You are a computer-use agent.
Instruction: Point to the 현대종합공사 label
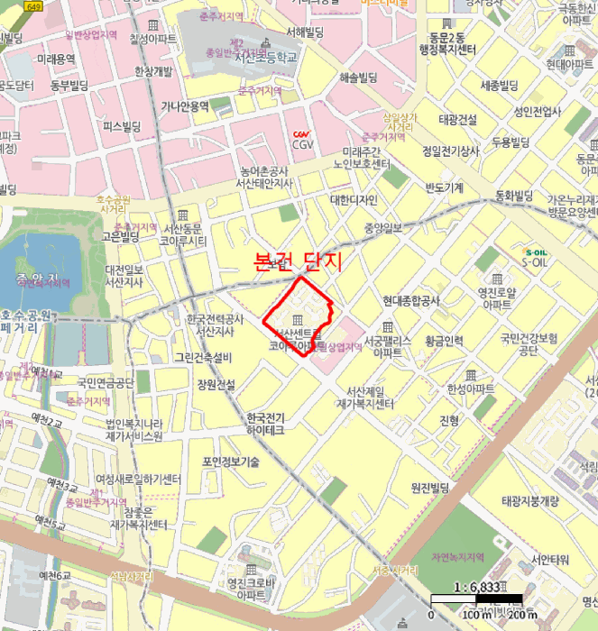pos(410,300)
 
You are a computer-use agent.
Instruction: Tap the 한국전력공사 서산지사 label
pos(215,325)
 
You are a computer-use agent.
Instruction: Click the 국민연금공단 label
pos(106,382)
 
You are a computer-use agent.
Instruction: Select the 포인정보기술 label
pos(231,462)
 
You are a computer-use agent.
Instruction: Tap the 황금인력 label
pos(444,341)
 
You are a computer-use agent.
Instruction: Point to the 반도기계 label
pos(444,187)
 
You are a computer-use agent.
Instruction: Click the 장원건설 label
pos(216,384)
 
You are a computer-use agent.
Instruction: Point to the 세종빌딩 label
pos(499,86)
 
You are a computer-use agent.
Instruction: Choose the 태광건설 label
pos(457,119)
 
